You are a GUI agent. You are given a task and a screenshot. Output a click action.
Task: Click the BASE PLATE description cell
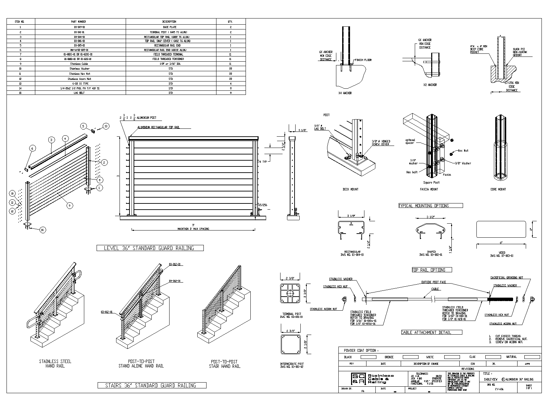pos(171,27)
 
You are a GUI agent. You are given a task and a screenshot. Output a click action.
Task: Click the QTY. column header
pos(230,22)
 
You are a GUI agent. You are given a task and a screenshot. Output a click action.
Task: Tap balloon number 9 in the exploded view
pos(70,206)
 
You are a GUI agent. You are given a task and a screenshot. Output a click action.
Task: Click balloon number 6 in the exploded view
pos(33,148)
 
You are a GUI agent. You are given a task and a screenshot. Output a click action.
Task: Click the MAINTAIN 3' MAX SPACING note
pos(193,229)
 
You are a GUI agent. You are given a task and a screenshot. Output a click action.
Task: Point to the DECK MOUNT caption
pos(350,189)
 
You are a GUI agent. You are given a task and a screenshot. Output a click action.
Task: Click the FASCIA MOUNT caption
pos(429,189)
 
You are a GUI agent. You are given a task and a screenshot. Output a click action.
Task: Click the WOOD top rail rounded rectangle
pos(501,229)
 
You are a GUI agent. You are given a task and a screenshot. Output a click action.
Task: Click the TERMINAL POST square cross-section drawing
pos(290,294)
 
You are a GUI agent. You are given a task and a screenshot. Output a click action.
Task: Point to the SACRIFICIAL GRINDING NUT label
pos(507,278)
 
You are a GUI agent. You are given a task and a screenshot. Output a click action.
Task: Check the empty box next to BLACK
pos(368,357)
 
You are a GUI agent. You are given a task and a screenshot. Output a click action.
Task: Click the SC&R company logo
pos(356,378)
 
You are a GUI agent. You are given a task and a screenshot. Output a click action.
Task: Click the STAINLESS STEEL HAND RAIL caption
pos(55,364)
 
